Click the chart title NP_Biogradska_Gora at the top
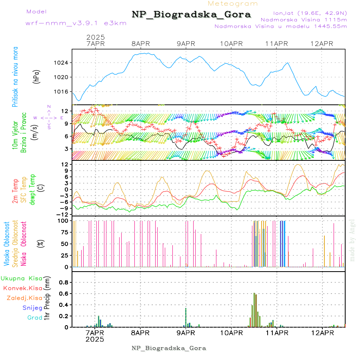[191, 15]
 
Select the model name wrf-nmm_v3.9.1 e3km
[76, 23]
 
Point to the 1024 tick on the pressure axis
[62, 63]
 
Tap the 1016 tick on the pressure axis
[62, 92]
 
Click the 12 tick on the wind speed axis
[64, 111]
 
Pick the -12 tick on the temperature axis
[62, 214]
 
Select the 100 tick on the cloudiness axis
[63, 220]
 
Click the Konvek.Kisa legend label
[23, 288]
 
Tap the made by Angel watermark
[352, 236]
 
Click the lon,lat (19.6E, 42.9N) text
[310, 12]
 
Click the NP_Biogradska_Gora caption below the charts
[169, 348]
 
